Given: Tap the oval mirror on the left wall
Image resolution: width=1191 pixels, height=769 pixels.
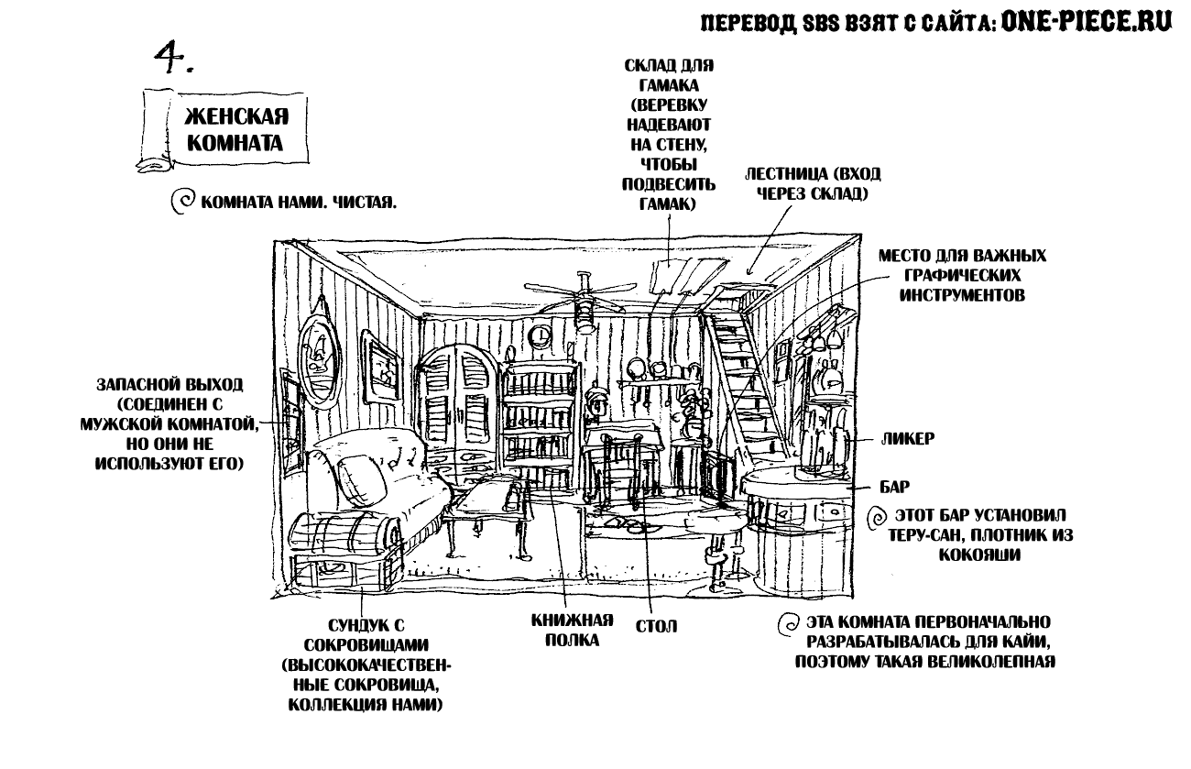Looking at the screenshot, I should point(320,352).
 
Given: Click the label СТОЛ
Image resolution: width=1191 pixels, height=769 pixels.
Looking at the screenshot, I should point(656,628).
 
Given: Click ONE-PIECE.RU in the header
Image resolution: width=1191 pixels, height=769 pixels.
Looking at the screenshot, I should point(1087,23).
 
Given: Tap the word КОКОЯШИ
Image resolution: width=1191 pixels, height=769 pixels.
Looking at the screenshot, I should point(979,555).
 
